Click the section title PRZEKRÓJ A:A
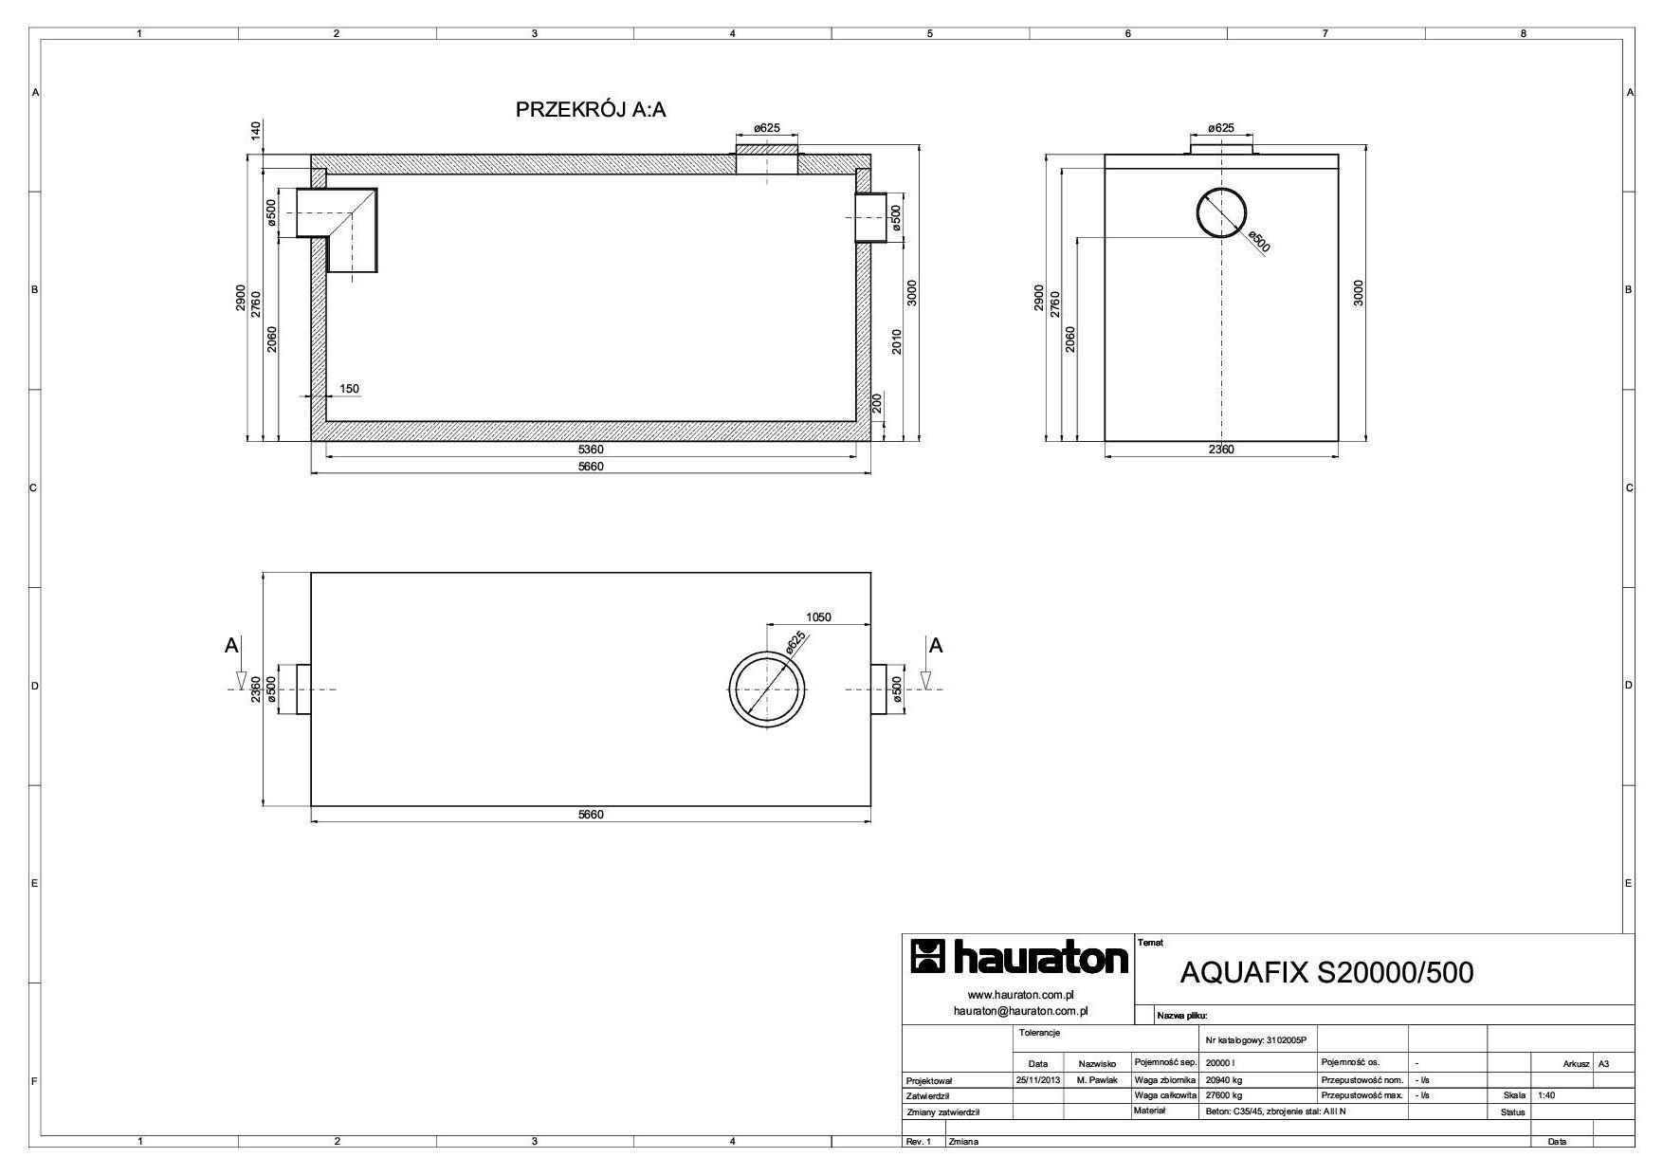(591, 109)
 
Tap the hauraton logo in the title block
(1019, 958)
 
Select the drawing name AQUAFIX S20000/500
(1326, 973)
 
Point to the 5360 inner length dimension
(590, 449)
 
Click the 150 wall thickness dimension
(348, 389)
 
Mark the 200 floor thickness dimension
(877, 405)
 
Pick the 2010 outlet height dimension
(896, 341)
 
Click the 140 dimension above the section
(255, 132)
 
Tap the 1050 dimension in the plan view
(818, 617)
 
